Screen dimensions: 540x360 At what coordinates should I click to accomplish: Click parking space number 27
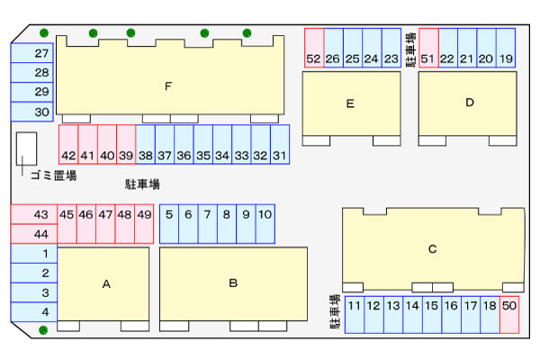point(32,53)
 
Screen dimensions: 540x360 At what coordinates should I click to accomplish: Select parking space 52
point(314,48)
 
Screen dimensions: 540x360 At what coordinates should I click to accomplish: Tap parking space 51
point(428,48)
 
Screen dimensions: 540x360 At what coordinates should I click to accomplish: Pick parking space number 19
point(506,48)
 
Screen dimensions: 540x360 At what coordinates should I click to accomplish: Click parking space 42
point(68,144)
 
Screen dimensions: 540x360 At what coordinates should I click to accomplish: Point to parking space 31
point(280,144)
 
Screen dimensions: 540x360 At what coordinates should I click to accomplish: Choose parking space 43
point(34,214)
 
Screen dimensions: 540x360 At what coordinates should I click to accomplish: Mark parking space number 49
point(144,224)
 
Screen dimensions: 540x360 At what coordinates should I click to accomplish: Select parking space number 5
point(169,224)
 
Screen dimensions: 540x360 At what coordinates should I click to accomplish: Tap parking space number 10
point(265,224)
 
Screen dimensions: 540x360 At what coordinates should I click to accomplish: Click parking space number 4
point(34,312)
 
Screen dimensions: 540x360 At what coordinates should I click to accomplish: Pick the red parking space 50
point(509,314)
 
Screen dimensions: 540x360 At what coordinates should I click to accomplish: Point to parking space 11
point(355,314)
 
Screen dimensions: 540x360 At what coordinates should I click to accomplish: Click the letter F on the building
point(168,85)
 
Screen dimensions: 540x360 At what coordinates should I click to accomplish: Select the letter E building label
point(350,103)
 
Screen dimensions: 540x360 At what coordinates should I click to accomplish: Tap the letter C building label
point(433,248)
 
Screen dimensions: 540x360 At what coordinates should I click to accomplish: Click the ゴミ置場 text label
point(54,175)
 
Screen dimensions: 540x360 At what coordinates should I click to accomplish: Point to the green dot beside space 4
point(43,330)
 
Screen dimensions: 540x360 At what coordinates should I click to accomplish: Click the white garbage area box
point(26,148)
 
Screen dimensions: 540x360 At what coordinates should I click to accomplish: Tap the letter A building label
point(106,283)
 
